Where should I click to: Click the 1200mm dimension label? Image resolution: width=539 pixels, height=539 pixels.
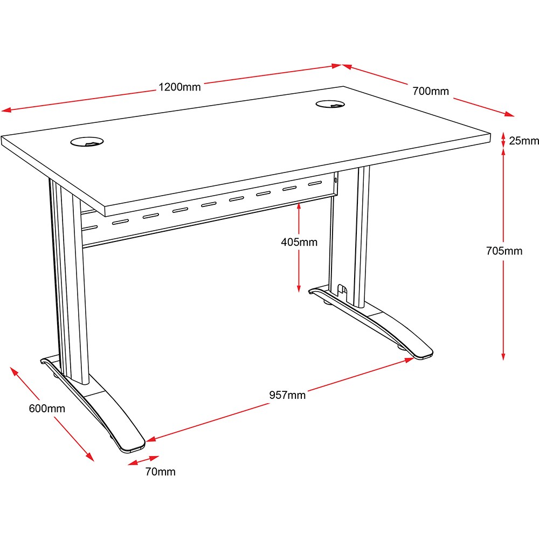[x=179, y=87]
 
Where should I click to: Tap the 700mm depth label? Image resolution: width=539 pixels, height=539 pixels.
[x=431, y=92]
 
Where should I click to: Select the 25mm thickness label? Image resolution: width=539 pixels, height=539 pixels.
[x=523, y=141]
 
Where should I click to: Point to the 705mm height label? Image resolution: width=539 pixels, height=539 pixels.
[x=504, y=251]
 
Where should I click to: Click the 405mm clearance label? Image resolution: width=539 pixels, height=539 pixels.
[x=299, y=243]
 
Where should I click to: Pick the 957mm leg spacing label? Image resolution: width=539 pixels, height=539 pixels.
[x=287, y=395]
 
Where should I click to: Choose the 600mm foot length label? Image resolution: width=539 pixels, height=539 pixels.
[x=47, y=409]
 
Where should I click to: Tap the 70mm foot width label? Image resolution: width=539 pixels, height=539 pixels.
[x=160, y=472]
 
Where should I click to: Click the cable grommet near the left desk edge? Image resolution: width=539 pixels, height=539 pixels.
[x=87, y=142]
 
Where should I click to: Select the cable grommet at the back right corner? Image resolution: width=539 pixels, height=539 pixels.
[x=330, y=103]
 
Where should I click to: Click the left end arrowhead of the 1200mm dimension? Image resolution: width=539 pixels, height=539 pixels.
[x=6, y=110]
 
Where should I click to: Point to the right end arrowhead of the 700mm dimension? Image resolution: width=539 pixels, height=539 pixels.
[x=509, y=114]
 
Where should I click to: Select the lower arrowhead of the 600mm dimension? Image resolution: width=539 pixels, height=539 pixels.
[x=90, y=457]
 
